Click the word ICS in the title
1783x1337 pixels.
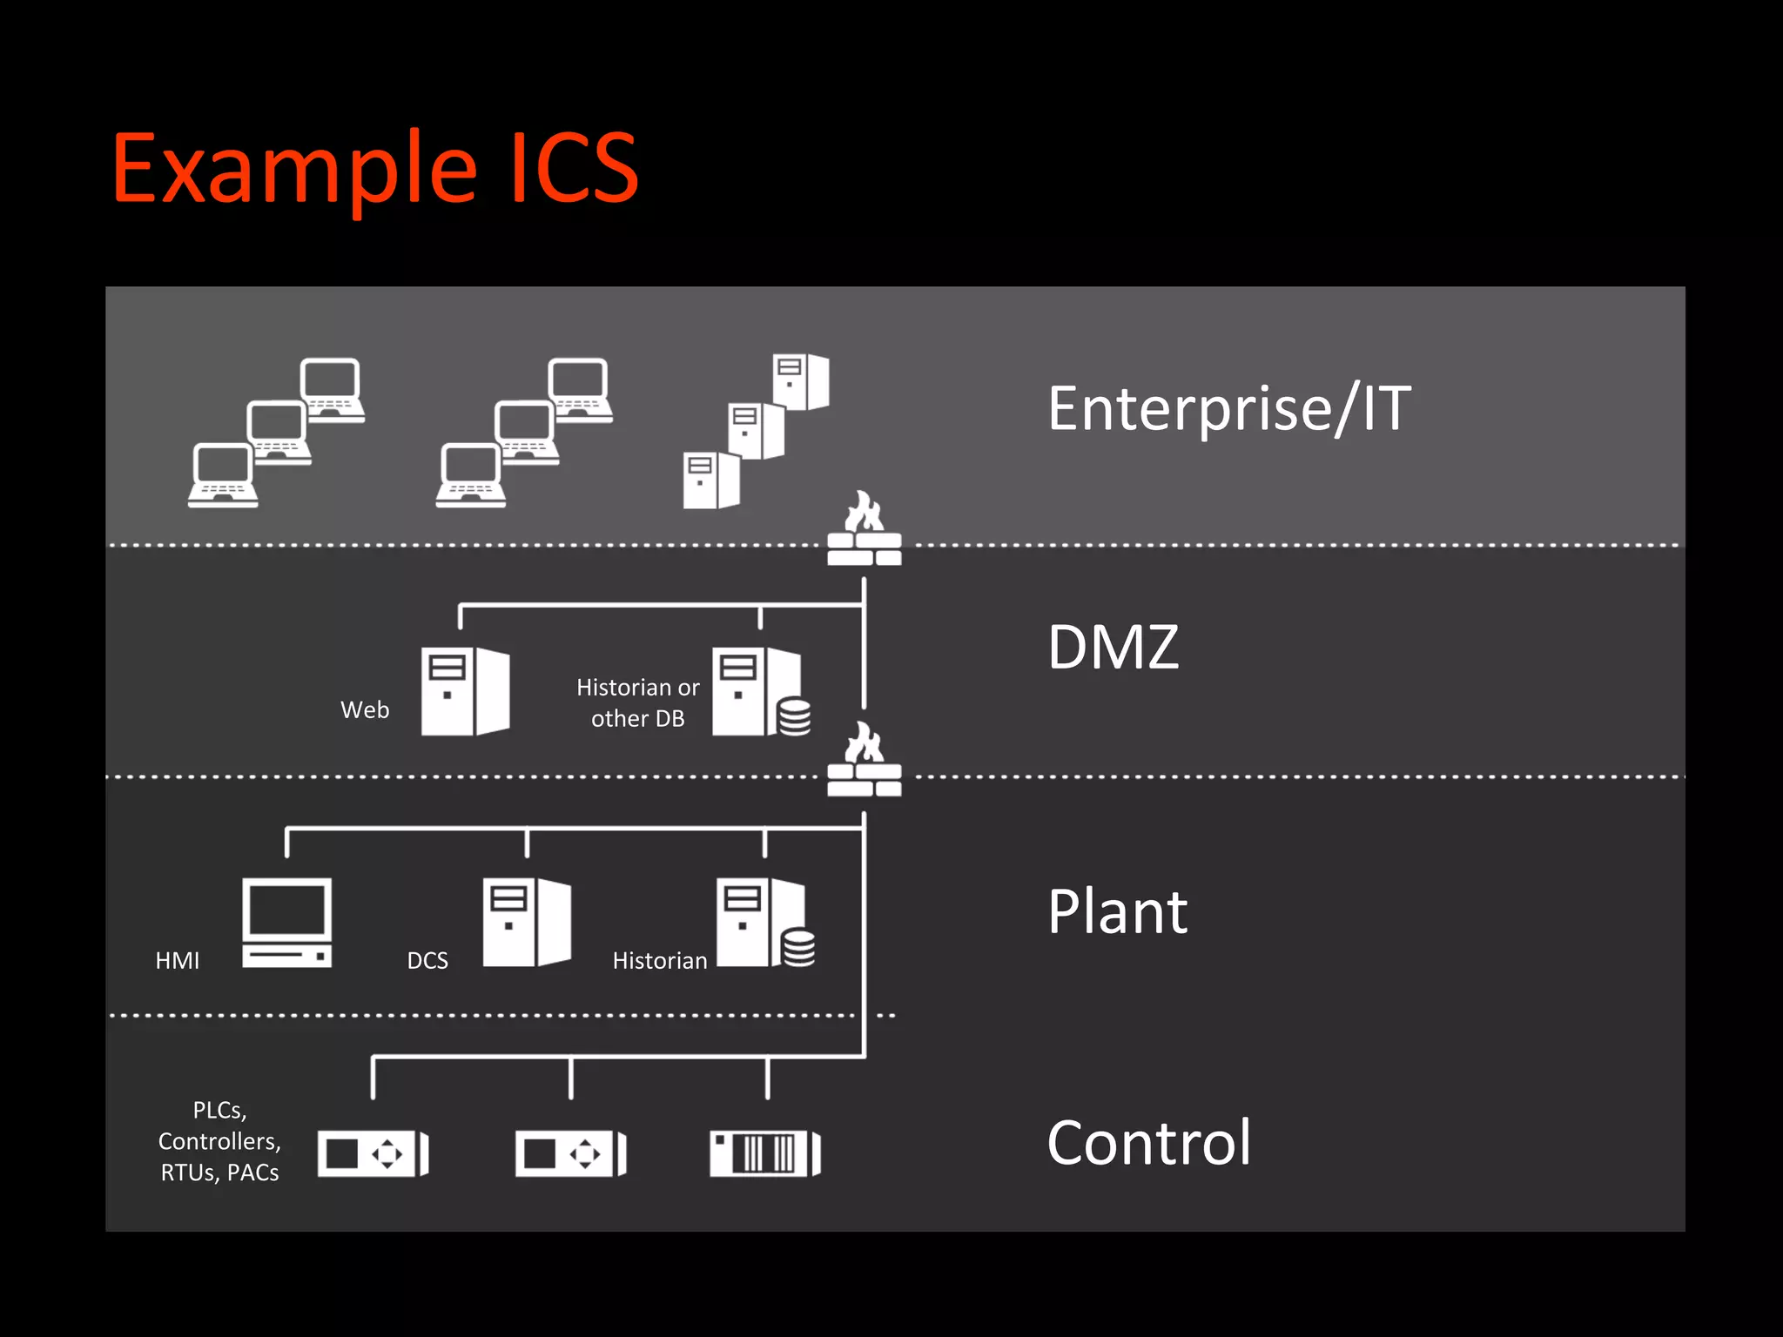[575, 168]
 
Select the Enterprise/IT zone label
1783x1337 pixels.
[1228, 408]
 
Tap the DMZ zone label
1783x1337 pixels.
[1113, 648]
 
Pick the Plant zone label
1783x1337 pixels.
[1117, 912]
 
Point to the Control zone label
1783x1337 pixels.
[1148, 1143]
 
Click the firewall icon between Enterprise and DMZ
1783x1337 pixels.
[864, 530]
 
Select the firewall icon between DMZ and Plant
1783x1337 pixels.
[864, 761]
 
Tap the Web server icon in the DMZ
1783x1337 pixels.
[465, 691]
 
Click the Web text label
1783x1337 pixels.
[365, 710]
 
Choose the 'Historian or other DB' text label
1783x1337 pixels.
[637, 703]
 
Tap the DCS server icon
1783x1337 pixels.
[527, 922]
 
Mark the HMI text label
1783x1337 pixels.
[177, 961]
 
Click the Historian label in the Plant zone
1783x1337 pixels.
[659, 961]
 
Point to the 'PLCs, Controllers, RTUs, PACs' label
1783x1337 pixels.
[219, 1141]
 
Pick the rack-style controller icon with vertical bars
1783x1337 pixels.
[765, 1154]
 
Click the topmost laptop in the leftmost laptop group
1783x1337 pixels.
[332, 390]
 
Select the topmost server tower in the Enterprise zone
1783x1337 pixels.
[801, 381]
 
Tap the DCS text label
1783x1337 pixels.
[427, 961]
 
